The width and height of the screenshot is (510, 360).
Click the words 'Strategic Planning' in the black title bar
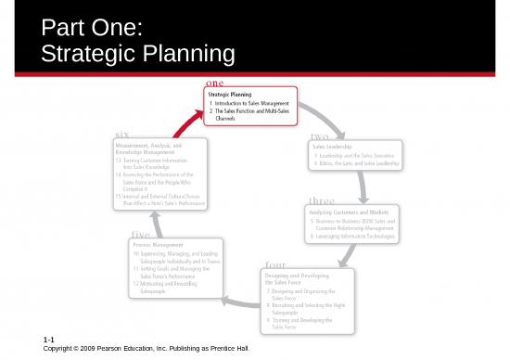137,54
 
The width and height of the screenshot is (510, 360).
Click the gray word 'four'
274,264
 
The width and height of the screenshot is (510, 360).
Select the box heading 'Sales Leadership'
332,146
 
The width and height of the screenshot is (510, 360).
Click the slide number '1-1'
49,342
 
